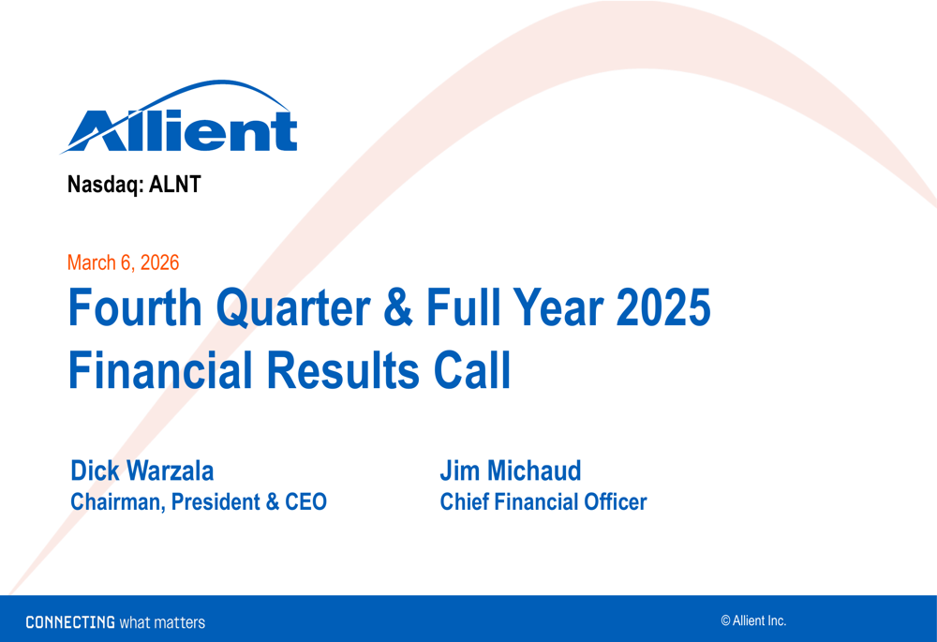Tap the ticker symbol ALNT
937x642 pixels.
[175, 185]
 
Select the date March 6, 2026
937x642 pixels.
[123, 263]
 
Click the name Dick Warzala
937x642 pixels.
[142, 470]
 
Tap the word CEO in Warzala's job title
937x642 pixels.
[305, 502]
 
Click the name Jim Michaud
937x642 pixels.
[511, 470]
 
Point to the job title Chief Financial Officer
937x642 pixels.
[543, 502]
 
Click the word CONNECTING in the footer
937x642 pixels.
[70, 622]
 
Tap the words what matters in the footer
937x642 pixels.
[162, 622]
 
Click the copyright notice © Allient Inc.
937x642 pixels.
[753, 620]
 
